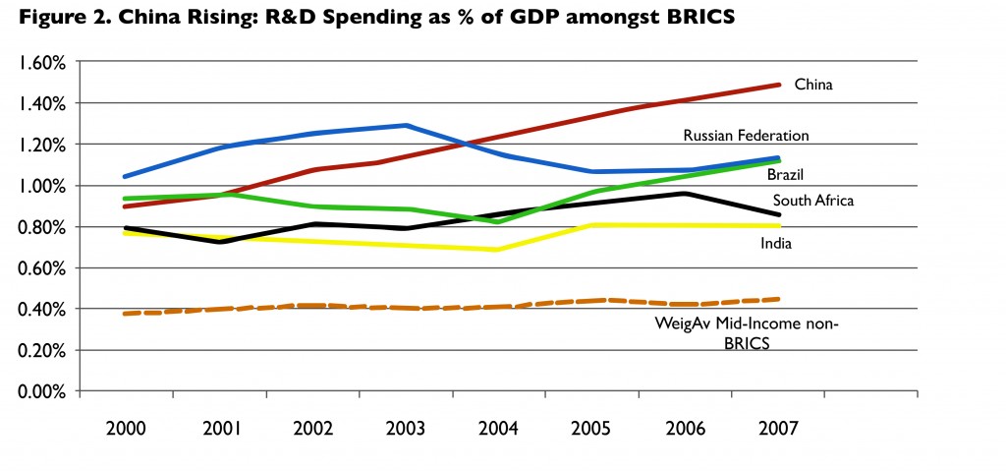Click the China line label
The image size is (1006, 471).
pyautogui.click(x=813, y=86)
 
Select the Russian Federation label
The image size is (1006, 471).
pyautogui.click(x=746, y=135)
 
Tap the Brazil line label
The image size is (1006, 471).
pyautogui.click(x=786, y=174)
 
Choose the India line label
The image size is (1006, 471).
pyautogui.click(x=778, y=242)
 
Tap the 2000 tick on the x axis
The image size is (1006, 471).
pyautogui.click(x=125, y=429)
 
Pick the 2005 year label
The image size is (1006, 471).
pyautogui.click(x=590, y=429)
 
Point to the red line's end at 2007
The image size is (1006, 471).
pyautogui.click(x=779, y=85)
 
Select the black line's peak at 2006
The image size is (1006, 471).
pyautogui.click(x=685, y=193)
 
